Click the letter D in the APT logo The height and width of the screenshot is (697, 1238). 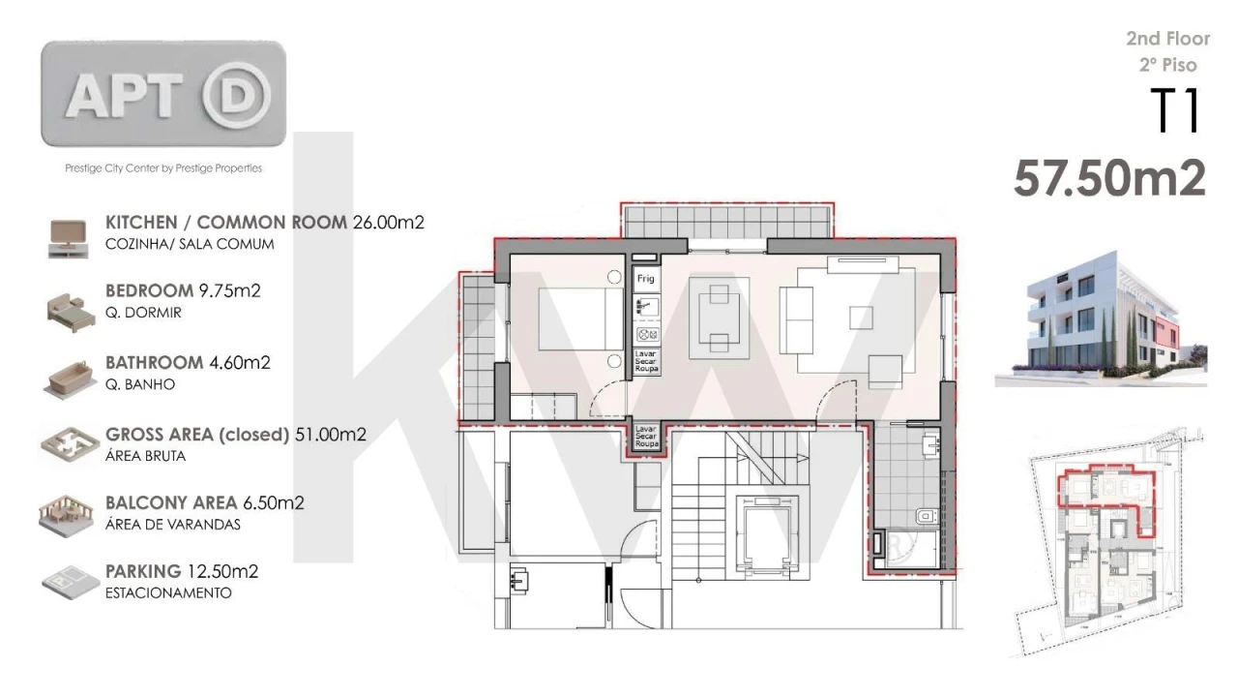(236, 95)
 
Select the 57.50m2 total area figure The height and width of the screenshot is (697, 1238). (1109, 179)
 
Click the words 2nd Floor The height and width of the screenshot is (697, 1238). (1167, 39)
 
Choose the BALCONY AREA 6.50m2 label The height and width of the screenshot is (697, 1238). (205, 502)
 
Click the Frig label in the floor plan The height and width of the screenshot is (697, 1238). (645, 279)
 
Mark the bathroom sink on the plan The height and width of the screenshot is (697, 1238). (930, 446)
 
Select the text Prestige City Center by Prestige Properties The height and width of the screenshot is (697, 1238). (162, 168)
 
